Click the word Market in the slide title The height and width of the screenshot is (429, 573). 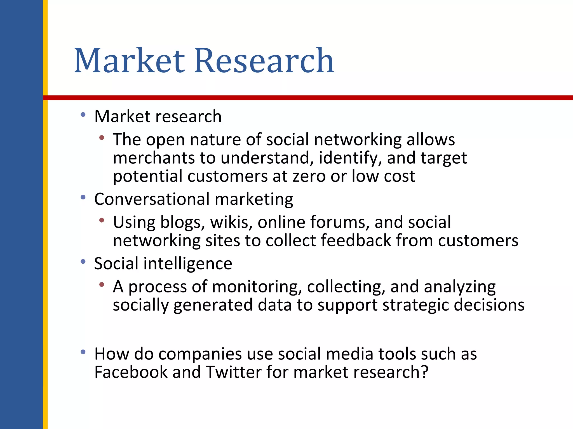(x=129, y=61)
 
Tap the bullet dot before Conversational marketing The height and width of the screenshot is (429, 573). (x=83, y=197)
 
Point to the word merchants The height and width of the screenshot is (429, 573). (x=154, y=158)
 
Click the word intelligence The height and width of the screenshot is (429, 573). (x=188, y=264)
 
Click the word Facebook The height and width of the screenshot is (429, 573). (x=131, y=372)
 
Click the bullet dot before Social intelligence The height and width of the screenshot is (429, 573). (x=83, y=262)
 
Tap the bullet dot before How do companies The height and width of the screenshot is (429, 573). (x=83, y=352)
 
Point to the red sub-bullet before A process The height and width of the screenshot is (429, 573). (x=102, y=285)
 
